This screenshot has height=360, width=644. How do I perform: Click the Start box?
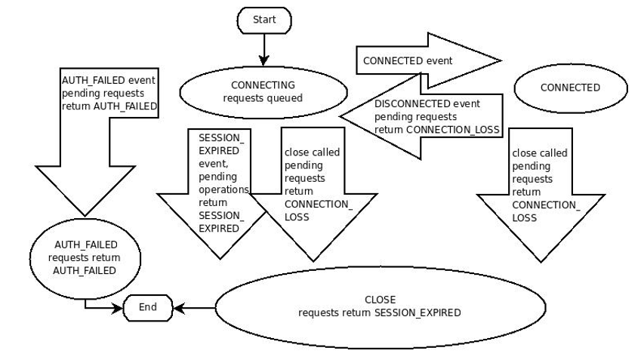pyautogui.click(x=264, y=20)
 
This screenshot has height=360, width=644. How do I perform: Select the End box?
pyautogui.click(x=148, y=307)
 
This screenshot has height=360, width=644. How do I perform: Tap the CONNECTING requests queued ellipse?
pyautogui.click(x=263, y=91)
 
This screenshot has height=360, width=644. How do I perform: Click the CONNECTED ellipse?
pyautogui.click(x=570, y=88)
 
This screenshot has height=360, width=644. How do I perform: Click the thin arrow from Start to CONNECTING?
pyautogui.click(x=264, y=50)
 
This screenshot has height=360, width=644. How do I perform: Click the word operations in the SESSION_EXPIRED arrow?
pyautogui.click(x=223, y=189)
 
